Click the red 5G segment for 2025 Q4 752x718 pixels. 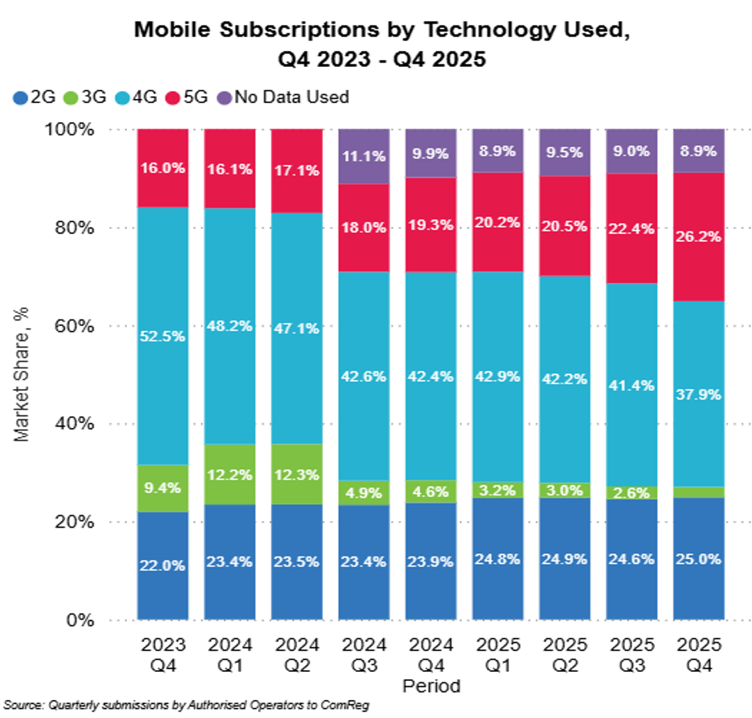pos(698,237)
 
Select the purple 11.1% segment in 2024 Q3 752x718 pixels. pos(363,157)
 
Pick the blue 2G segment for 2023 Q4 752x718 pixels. pos(163,565)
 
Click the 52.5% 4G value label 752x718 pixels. pos(163,336)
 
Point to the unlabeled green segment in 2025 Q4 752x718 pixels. pos(698,492)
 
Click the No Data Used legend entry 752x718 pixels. pos(285,97)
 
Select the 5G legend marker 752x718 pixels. pos(172,97)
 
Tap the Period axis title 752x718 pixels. pos(432,686)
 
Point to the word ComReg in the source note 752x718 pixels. pos(349,705)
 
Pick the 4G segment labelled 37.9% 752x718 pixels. pos(698,394)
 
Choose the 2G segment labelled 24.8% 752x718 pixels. pos(497,558)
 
